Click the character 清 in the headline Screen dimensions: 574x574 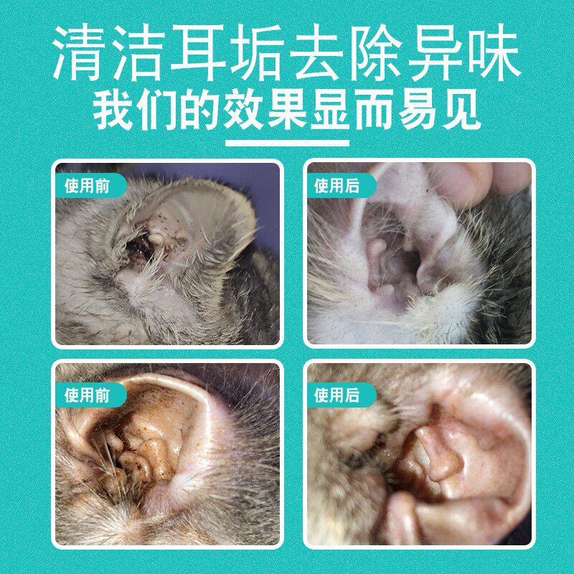pyautogui.click(x=80, y=55)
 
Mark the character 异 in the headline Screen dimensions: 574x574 pyautogui.click(x=434, y=55)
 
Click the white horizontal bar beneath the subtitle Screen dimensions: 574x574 pyautogui.click(x=287, y=143)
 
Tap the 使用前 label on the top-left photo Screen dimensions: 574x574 pyautogui.click(x=88, y=187)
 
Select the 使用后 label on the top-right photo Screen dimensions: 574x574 pyautogui.click(x=337, y=187)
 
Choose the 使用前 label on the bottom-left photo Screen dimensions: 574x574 pyautogui.click(x=88, y=395)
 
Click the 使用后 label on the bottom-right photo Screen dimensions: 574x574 pyautogui.click(x=337, y=395)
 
